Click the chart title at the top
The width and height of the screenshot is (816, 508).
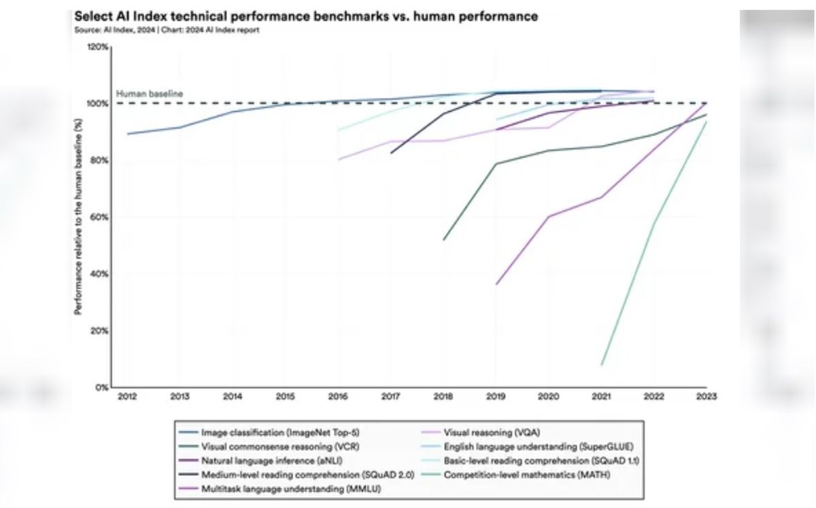(306, 16)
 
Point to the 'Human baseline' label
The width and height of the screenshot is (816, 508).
(150, 94)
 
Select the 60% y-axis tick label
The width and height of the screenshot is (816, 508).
(99, 218)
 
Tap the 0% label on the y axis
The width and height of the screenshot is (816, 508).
(101, 388)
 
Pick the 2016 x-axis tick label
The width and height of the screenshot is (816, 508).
(337, 396)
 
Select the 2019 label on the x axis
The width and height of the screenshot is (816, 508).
(496, 396)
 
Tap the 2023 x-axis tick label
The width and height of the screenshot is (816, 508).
(707, 396)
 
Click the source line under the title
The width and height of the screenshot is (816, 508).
(167, 30)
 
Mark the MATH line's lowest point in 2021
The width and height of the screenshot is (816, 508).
(601, 365)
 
